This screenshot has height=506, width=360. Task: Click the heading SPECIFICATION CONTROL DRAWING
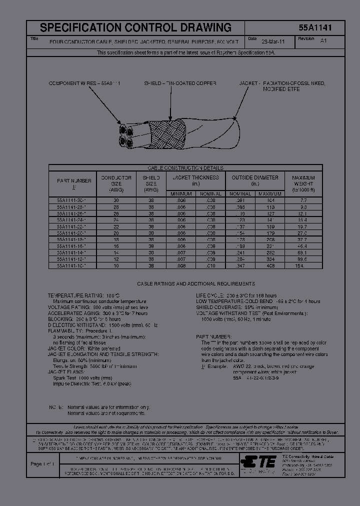coord(135,28)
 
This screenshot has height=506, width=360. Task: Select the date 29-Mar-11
coord(274,42)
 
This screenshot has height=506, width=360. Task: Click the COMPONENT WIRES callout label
coord(84,83)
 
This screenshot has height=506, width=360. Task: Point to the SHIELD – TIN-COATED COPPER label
coord(180,83)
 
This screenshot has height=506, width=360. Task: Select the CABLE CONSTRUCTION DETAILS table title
coord(185,168)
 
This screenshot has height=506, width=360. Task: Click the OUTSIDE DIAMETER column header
coord(255,177)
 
